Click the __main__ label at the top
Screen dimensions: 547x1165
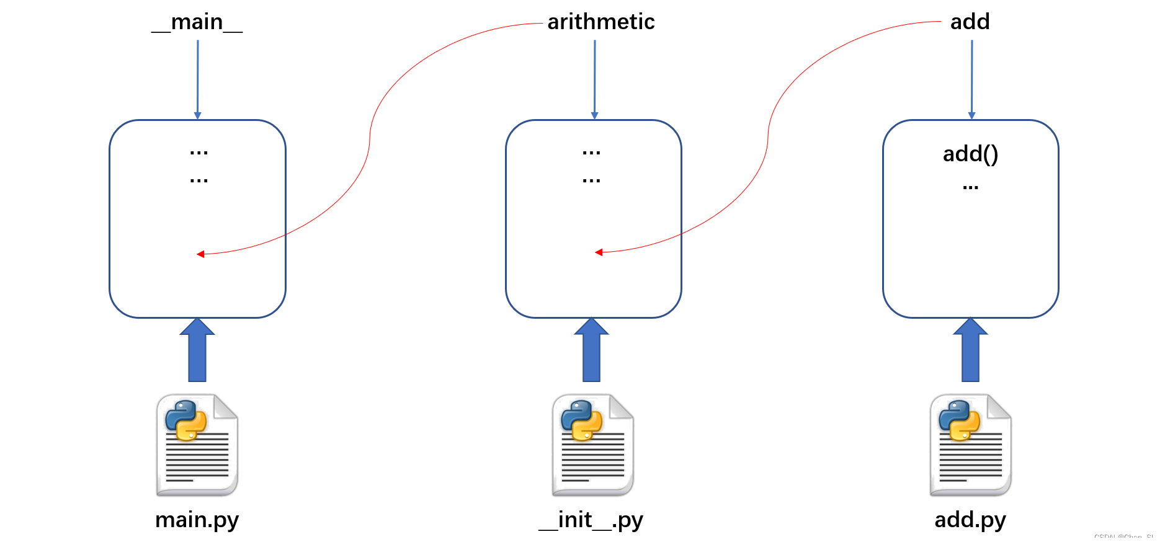point(197,22)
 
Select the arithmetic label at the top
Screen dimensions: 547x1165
point(600,22)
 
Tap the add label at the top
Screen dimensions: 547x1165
point(970,22)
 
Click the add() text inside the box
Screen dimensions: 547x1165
point(970,154)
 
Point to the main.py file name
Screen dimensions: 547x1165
point(197,520)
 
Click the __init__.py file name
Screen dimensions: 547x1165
point(591,520)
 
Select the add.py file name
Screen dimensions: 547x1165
point(970,520)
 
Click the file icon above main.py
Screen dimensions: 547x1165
point(197,445)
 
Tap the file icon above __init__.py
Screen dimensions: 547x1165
point(592,445)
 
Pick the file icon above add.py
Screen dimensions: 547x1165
point(970,445)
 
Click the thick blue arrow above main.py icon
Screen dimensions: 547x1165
point(197,351)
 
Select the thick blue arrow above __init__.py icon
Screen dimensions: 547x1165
point(592,351)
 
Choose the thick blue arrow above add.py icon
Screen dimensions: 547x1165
point(970,351)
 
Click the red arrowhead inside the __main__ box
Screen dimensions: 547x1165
point(200,254)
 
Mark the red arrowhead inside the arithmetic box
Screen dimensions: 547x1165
point(599,252)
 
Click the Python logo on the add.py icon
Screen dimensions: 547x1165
point(959,420)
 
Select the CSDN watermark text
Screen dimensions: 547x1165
point(1123,538)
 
